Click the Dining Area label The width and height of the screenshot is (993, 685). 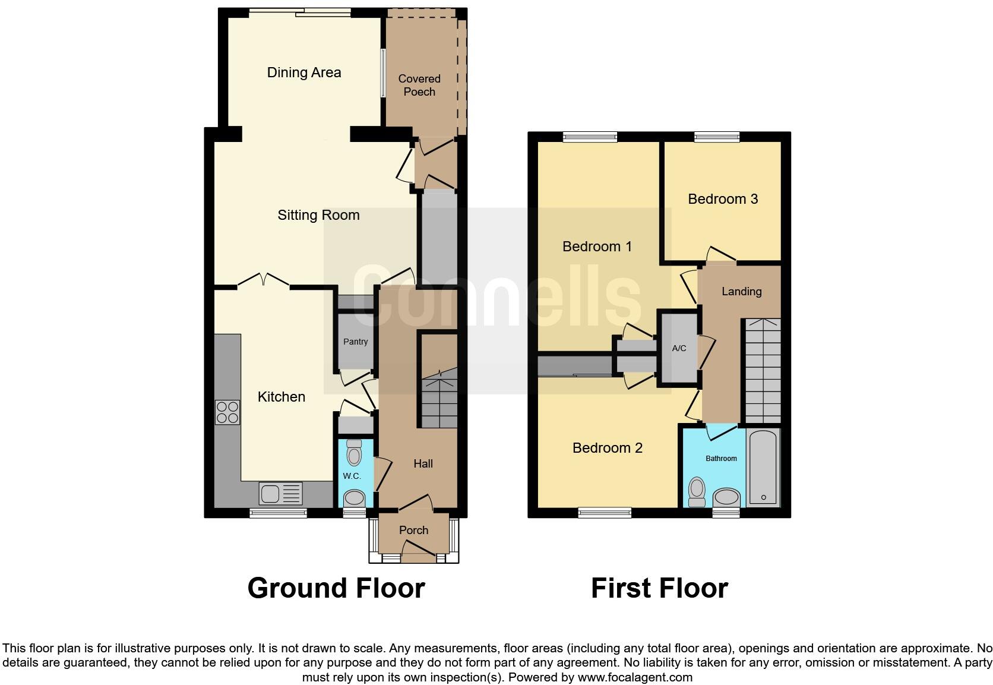click(304, 72)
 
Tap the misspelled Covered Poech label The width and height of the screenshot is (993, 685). click(419, 85)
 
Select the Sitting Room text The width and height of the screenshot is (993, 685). click(318, 215)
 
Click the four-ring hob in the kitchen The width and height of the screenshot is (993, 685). click(227, 412)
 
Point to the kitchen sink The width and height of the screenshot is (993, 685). click(281, 494)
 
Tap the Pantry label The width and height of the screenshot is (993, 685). click(355, 342)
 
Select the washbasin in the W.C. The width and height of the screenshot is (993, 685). click(355, 497)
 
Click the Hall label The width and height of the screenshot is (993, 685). click(423, 463)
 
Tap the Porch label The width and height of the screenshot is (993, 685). click(413, 530)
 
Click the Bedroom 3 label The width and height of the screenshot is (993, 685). click(723, 199)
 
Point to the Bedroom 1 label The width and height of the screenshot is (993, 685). click(597, 246)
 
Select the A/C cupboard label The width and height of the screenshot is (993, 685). click(679, 348)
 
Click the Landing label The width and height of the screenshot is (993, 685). click(741, 291)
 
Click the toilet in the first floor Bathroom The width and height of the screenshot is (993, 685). click(697, 492)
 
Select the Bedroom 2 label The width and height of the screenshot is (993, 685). click(607, 448)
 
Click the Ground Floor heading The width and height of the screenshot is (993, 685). click(336, 588)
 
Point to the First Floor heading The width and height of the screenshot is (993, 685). click(659, 588)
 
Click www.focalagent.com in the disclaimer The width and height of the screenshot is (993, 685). click(634, 677)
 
